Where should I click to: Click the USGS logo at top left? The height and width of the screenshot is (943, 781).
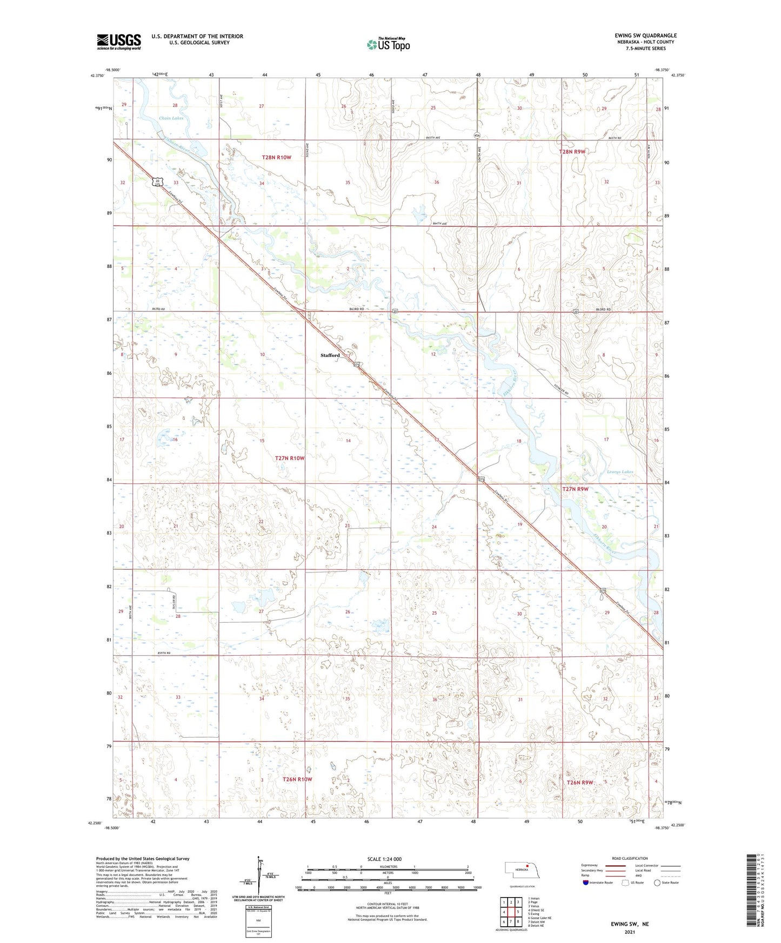click(118, 42)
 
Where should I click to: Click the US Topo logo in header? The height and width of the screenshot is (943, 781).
click(388, 44)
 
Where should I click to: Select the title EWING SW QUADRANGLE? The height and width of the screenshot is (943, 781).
click(645, 36)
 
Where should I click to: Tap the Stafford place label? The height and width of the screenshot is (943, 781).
click(330, 355)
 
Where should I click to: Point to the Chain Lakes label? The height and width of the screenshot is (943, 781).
click(171, 118)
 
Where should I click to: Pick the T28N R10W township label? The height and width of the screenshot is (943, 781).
click(277, 158)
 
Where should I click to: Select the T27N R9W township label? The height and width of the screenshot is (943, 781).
click(575, 489)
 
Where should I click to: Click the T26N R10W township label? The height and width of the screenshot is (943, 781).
click(297, 779)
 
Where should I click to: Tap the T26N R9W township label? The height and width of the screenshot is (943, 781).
click(580, 782)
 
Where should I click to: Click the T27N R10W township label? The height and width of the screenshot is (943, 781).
click(290, 459)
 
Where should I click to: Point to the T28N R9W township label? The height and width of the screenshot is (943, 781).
click(572, 152)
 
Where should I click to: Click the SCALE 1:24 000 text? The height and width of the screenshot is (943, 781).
click(384, 859)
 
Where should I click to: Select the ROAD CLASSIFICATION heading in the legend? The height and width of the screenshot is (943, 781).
click(630, 858)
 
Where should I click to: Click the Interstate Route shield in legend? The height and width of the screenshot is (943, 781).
click(586, 883)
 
